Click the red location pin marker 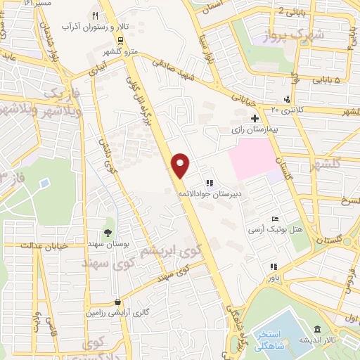[x=181, y=165]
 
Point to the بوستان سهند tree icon [x=108, y=233]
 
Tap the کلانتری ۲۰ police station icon [x=287, y=98]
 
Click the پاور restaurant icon [x=274, y=266]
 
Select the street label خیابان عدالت [x=29, y=245]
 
